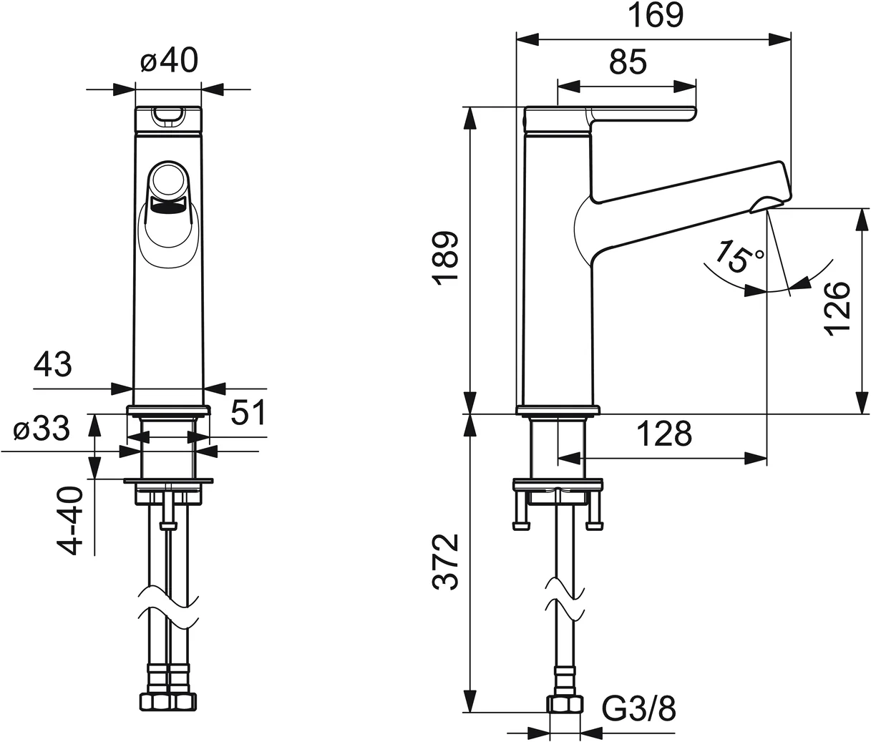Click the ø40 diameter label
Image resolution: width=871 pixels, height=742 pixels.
coord(169,62)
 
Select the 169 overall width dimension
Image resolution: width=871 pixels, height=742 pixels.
coord(655,16)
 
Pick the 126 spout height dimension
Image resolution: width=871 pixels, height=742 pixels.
coord(836,306)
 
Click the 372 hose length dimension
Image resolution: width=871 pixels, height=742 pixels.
coord(447,562)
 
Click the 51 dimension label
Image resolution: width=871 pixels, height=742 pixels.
coord(248,413)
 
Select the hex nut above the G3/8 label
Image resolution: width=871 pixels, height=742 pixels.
coord(565,705)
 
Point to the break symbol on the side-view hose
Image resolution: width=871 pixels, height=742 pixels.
coord(565,598)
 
